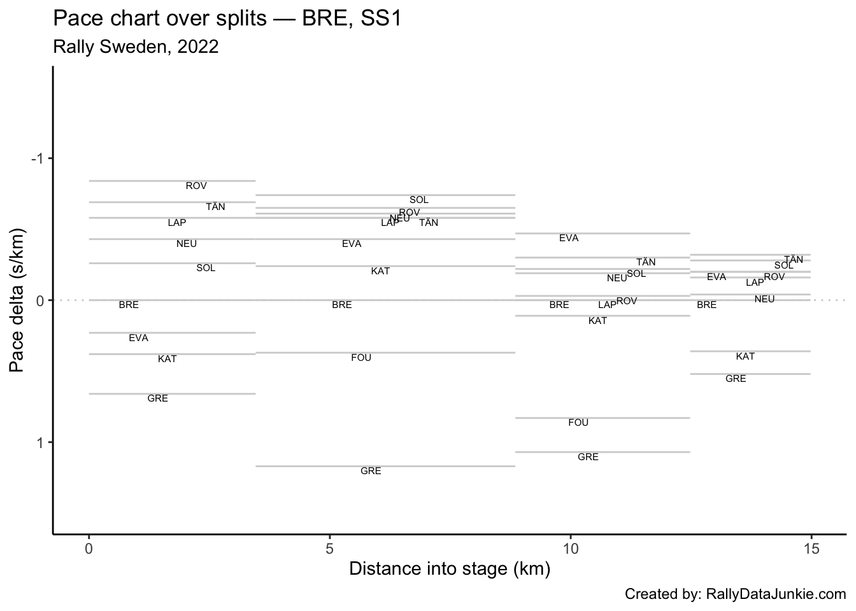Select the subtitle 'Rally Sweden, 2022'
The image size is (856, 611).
coord(136,47)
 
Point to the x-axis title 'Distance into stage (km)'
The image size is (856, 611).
coord(449,568)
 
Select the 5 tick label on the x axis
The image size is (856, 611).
coord(329,548)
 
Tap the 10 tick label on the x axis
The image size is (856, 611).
coord(570,548)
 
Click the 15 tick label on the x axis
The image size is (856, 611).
coord(811,548)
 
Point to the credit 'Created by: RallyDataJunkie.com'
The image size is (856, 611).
coord(735,594)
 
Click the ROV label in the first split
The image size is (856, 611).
coord(196,186)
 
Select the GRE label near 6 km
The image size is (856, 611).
coord(371,471)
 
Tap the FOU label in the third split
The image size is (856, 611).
coord(578,423)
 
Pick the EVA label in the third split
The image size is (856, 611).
coord(569,238)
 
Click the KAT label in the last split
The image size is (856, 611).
coord(745,356)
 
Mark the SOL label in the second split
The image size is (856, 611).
coord(419,200)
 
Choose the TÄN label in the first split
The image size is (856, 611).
coord(215,207)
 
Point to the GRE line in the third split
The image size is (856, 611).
coord(602,452)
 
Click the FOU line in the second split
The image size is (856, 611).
coord(385,353)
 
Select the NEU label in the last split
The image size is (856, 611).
coord(764,299)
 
